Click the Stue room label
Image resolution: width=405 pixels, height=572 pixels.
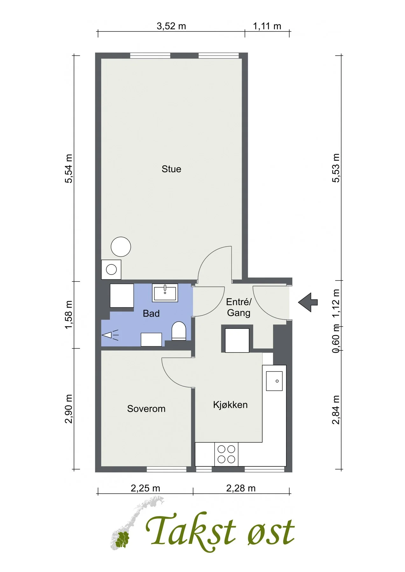point(171,169)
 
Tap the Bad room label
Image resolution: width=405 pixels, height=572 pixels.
point(151,314)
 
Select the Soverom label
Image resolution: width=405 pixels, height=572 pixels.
point(146,409)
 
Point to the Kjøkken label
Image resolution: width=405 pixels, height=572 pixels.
point(230,405)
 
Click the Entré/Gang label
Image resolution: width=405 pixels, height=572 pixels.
point(239,307)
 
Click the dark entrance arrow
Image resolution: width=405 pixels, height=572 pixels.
point(308,302)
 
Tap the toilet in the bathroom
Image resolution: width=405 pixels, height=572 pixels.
point(179,331)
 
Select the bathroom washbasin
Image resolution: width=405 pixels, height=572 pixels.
point(165,292)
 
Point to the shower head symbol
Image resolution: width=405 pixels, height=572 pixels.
point(110,335)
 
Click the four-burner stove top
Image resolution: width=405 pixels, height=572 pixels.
point(226,454)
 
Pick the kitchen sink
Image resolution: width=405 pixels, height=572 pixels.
point(274,381)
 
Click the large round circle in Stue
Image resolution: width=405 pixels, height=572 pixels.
point(121,247)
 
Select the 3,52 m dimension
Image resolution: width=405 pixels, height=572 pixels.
point(171,26)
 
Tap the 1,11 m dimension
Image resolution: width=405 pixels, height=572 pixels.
point(267,26)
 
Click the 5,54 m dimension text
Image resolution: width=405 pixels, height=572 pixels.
point(69,168)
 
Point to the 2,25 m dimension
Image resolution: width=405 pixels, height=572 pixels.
point(145,488)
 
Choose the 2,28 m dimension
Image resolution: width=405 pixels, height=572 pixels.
point(241,488)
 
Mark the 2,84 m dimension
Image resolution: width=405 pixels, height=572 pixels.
point(336,410)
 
